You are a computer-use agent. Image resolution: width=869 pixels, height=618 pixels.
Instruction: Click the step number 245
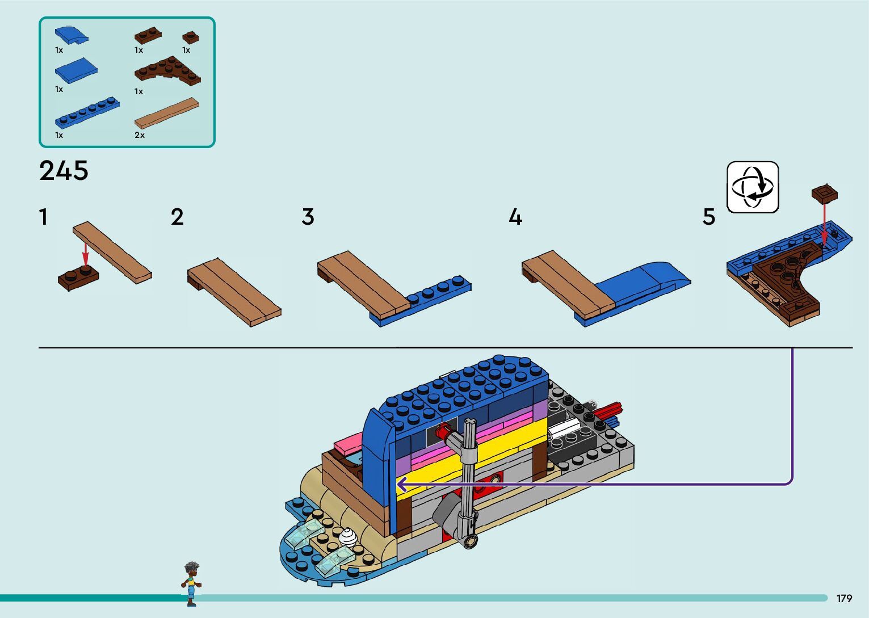[x=64, y=170]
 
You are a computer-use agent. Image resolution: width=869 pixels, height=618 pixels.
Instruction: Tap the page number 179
[x=844, y=599]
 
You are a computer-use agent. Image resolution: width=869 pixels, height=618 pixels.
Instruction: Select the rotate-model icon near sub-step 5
[x=753, y=187]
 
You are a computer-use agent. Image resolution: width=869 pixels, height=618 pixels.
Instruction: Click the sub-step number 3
[x=308, y=217]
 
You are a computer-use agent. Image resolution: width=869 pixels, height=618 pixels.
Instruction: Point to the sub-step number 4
[x=515, y=217]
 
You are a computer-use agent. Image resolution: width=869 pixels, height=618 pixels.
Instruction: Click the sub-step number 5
[x=709, y=217]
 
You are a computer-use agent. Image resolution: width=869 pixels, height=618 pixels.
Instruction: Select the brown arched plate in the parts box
[x=167, y=71]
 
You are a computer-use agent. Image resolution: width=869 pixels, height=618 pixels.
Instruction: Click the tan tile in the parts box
[x=167, y=112]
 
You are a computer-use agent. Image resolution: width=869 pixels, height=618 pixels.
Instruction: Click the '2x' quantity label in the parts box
[x=140, y=136]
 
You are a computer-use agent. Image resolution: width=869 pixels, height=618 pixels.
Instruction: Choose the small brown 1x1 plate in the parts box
[x=190, y=37]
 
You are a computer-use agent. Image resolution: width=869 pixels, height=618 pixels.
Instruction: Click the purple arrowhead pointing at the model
[x=401, y=485]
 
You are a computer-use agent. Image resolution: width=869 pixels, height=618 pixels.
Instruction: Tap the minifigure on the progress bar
[x=191, y=583]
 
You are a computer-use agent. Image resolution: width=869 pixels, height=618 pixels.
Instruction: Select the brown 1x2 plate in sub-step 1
[x=78, y=279]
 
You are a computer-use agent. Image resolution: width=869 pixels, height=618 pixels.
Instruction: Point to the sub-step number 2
[x=177, y=217]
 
